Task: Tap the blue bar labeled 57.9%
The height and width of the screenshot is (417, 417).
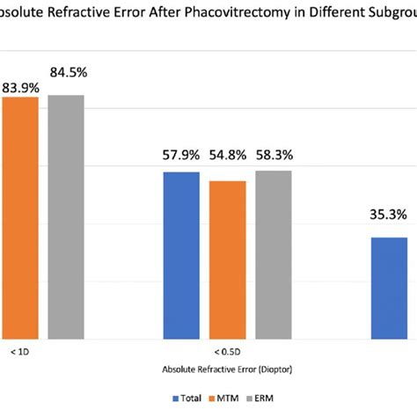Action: [x=181, y=255]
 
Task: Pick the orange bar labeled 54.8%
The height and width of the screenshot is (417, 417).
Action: [x=227, y=260]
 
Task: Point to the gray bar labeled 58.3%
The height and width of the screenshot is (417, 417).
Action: [x=274, y=254]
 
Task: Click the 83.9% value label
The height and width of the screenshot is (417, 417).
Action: [x=18, y=86]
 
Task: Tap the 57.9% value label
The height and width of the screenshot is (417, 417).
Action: [x=181, y=156]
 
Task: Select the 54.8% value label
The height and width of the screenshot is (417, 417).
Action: [x=228, y=156]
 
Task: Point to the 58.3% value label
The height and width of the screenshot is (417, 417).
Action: [x=274, y=156]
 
